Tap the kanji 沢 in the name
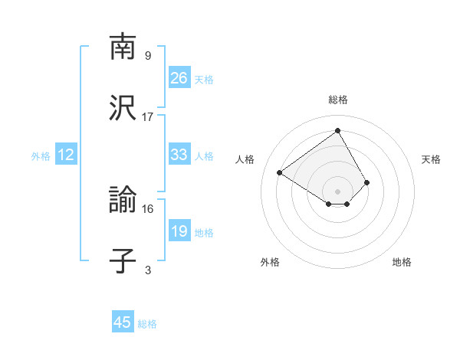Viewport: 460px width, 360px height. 123,107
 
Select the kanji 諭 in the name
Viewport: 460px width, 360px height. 123,200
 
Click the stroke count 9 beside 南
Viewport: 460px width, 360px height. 147,55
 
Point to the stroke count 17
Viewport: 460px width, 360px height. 148,116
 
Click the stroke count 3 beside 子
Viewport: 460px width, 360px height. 147,270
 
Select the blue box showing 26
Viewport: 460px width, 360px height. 179,78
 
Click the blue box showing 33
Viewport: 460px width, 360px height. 179,155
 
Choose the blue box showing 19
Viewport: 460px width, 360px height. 179,231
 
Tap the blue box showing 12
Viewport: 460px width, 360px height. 66,155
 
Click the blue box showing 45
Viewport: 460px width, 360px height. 123,322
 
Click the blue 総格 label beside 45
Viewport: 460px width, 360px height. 147,324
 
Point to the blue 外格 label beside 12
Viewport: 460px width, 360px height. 41,156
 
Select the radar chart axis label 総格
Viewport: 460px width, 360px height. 338,100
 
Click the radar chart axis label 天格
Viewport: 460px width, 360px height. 431,159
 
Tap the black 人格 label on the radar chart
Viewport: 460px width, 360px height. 245,159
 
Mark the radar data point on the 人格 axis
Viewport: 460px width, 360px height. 280,172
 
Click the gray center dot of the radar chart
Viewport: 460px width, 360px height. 338,191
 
